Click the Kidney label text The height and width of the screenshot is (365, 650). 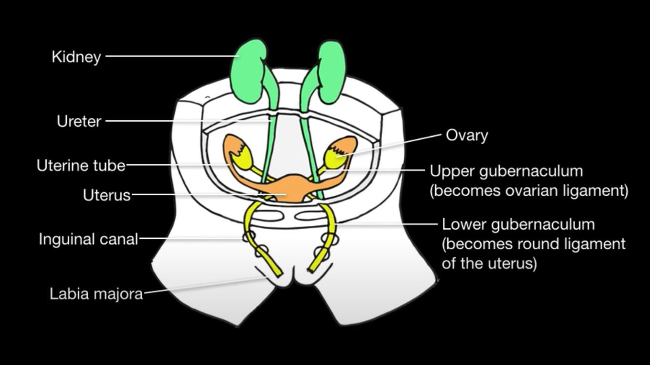[x=76, y=57]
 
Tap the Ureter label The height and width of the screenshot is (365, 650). [x=79, y=121]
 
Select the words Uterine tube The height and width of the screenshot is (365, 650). [x=81, y=165]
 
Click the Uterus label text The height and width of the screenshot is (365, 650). [x=107, y=195]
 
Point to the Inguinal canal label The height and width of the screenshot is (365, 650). [x=88, y=239]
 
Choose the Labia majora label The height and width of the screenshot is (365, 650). [x=96, y=294]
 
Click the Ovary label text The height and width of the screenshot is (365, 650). [x=467, y=135]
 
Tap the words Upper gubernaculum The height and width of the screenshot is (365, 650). [x=506, y=171]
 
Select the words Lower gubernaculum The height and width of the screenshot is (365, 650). [x=518, y=224]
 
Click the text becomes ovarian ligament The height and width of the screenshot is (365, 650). [x=529, y=191]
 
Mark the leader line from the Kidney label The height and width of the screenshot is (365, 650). [x=171, y=55]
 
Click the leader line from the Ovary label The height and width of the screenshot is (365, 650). [x=395, y=144]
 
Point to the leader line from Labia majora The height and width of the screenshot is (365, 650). [x=205, y=285]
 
